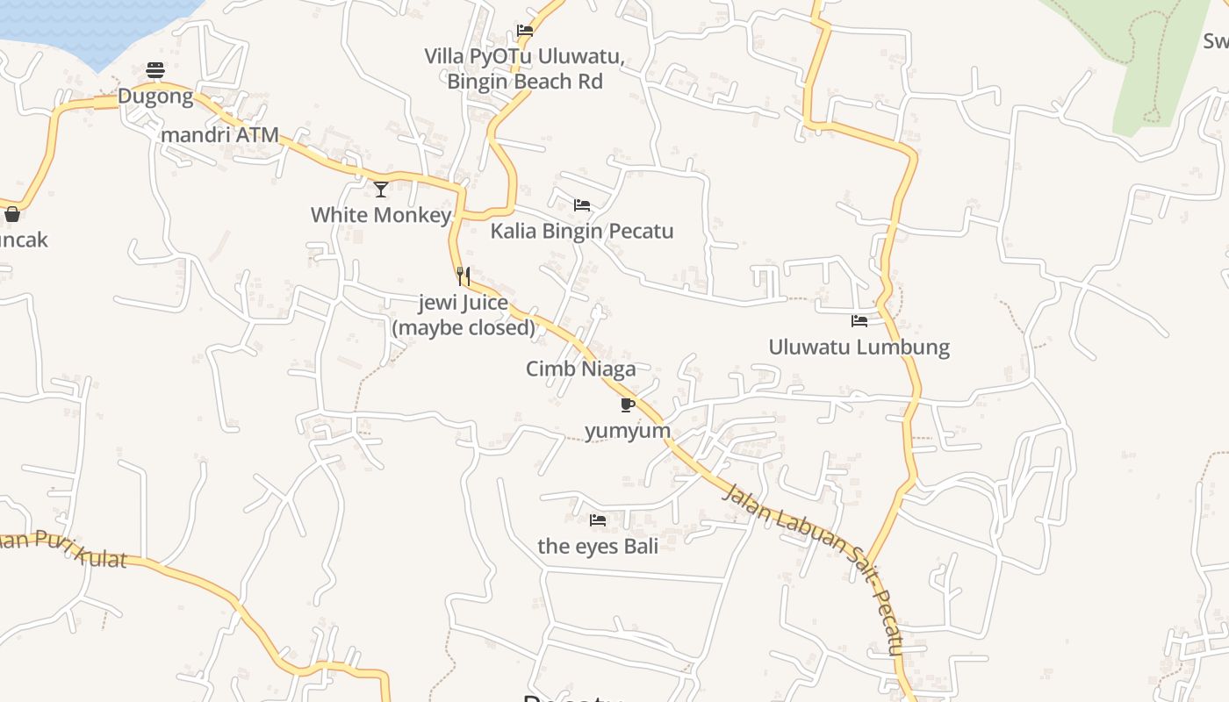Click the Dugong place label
tap(155, 97)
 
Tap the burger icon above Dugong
tap(155, 70)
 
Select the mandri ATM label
tap(219, 135)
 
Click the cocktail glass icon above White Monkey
tap(381, 189)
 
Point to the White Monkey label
tap(381, 215)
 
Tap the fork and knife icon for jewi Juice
tap(464, 276)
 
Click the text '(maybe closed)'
tap(464, 328)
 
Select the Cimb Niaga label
tap(580, 369)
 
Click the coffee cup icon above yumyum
tap(627, 405)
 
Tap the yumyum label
tap(628, 431)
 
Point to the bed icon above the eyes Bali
tap(598, 520)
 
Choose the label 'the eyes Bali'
tap(598, 546)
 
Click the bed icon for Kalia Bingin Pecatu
tap(582, 205)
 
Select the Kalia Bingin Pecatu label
tap(582, 232)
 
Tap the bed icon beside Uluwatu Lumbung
tap(859, 321)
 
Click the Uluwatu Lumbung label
tap(859, 347)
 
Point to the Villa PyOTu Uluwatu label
tap(525, 58)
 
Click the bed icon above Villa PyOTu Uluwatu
tap(525, 30)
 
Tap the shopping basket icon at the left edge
tap(12, 214)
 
